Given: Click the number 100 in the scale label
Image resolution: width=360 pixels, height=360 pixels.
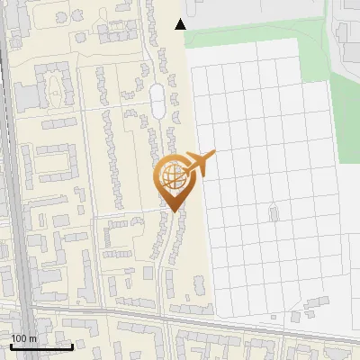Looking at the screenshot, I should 19,338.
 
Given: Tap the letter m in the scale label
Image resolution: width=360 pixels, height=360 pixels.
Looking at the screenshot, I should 32,338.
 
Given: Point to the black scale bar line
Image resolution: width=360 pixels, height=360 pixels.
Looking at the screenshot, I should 40,346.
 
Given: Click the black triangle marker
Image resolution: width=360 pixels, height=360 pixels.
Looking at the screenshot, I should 181,24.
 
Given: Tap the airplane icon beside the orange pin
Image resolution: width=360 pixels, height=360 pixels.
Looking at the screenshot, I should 199,163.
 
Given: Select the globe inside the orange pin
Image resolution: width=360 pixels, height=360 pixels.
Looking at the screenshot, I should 171,175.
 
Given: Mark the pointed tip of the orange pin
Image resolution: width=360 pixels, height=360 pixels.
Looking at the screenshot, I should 172,211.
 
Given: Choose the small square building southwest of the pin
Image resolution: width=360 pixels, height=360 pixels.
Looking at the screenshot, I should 148,273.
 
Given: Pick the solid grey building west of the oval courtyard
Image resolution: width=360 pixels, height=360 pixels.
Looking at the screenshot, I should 26,94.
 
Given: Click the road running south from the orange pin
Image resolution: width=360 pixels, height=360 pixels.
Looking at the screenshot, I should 166,261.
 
